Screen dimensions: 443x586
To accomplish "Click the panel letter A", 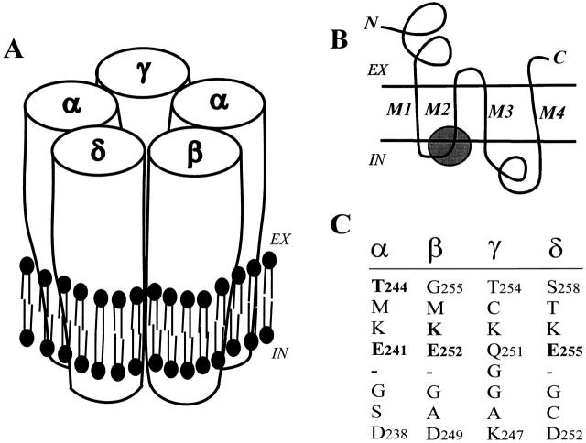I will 16,49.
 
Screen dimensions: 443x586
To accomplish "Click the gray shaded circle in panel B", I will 450,147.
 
